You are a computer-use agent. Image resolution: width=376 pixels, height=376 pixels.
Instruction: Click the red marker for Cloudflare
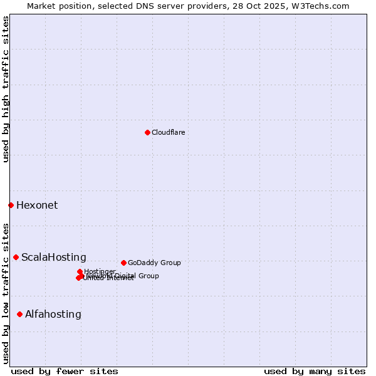click(x=147, y=132)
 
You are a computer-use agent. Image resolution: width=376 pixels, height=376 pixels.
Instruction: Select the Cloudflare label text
click(x=168, y=132)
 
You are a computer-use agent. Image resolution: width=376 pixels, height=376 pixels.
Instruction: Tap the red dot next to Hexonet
click(x=11, y=205)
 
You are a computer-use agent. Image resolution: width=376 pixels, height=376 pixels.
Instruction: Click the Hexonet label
click(x=37, y=205)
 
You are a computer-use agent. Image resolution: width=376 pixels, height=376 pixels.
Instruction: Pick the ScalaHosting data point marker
click(x=16, y=257)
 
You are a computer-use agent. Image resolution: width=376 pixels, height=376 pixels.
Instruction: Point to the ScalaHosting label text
click(x=54, y=257)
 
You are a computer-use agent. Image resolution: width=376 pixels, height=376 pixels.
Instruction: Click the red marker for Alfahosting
click(x=19, y=314)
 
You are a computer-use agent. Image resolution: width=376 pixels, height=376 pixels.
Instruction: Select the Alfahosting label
click(x=53, y=314)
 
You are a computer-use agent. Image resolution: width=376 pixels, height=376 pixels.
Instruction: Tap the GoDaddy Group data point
click(x=123, y=263)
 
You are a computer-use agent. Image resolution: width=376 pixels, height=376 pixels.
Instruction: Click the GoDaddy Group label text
click(x=154, y=263)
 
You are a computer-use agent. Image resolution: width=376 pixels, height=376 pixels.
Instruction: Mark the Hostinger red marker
click(x=80, y=271)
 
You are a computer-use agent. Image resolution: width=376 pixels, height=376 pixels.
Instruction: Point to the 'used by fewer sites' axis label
click(x=65, y=371)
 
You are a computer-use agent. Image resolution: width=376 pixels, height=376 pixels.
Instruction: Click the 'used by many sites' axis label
click(x=315, y=371)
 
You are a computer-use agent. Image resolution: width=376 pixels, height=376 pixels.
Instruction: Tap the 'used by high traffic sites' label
click(x=6, y=89)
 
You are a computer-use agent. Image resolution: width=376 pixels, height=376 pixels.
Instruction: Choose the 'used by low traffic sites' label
click(x=6, y=293)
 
